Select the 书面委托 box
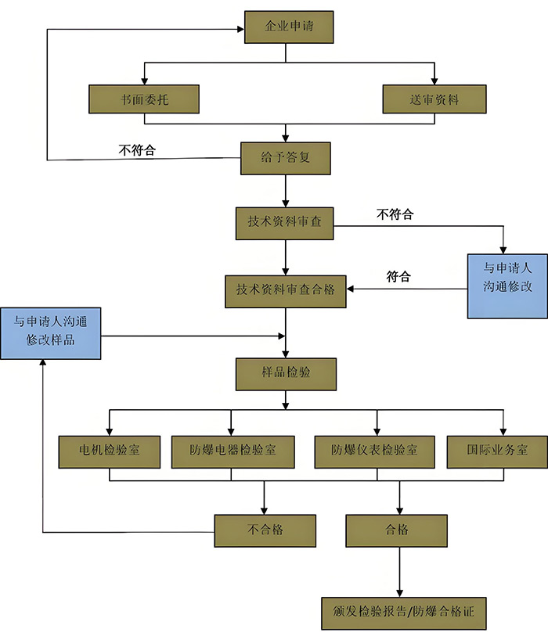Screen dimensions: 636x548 click(x=144, y=99)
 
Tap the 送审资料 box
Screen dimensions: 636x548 click(x=434, y=99)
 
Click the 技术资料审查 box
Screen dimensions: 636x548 click(x=285, y=222)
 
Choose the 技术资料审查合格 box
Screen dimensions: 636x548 click(x=286, y=290)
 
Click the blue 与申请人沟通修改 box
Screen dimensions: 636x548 click(x=507, y=286)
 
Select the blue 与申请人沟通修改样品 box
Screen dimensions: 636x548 click(x=51, y=332)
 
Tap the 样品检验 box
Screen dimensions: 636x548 click(x=286, y=373)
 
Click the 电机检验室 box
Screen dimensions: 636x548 click(x=110, y=451)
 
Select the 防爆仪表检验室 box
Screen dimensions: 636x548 click(x=374, y=451)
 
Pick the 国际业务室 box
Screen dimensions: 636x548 click(x=497, y=451)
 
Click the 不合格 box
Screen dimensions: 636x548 click(x=265, y=530)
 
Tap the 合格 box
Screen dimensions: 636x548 click(x=397, y=530)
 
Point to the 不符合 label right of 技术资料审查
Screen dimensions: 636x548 click(x=395, y=214)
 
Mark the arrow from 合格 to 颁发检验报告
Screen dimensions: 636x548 click(x=400, y=572)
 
